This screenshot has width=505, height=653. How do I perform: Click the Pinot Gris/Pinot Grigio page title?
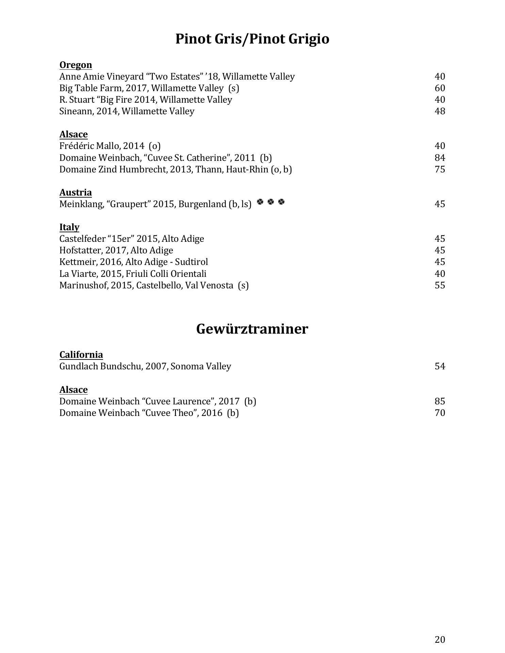point(252,39)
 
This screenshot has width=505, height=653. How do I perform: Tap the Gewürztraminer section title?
point(252,329)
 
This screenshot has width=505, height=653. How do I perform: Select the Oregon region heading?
point(76,65)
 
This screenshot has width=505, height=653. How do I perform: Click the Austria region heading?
point(76,192)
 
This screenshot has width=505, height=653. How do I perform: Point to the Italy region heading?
point(69,227)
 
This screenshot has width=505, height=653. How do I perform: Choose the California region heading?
point(81,354)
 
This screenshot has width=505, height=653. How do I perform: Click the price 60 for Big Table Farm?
point(440,88)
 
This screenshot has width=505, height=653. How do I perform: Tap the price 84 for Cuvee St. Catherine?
point(440,158)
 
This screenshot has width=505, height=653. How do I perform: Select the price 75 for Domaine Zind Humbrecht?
point(440,169)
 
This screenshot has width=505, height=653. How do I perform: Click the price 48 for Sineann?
point(440,111)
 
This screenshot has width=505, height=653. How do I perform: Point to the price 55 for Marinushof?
point(440,285)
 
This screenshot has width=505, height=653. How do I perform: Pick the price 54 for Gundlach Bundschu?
point(440,366)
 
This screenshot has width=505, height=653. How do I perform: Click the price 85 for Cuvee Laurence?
point(440,401)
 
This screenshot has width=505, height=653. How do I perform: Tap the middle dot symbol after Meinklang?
point(271,202)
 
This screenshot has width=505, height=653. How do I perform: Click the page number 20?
point(440,640)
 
